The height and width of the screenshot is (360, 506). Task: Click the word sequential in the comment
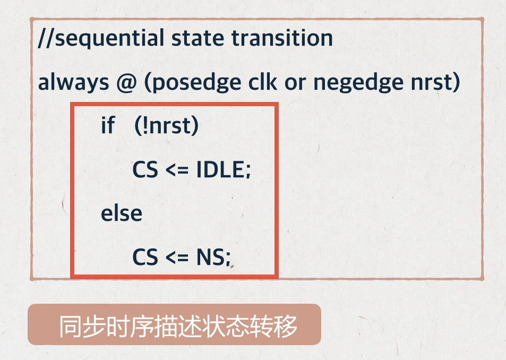[110, 39]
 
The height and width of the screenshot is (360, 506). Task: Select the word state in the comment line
[198, 38]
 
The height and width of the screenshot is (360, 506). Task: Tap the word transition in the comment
[282, 38]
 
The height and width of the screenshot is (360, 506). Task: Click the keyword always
[74, 82]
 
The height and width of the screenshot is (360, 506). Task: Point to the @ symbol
[126, 83]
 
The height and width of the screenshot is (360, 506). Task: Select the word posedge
[196, 83]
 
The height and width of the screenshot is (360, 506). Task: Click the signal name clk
[262, 82]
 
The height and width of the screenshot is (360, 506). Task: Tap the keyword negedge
[358, 83]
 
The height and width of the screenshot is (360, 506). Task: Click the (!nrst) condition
[166, 126]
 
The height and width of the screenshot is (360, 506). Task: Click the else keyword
[122, 213]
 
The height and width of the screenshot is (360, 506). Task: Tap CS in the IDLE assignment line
[145, 169]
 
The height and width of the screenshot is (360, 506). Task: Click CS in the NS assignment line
[145, 257]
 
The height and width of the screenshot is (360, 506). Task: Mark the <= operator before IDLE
[177, 170]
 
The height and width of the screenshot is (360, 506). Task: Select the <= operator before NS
[177, 258]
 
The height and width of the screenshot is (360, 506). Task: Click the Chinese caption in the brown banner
[178, 327]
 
